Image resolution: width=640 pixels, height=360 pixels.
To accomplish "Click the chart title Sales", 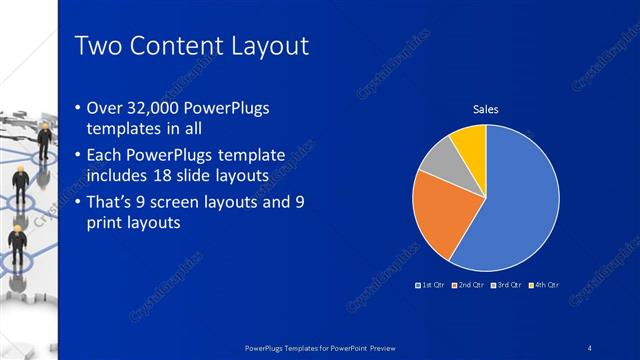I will (x=485, y=110).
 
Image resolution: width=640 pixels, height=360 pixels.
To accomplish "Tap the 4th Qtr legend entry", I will (x=544, y=285).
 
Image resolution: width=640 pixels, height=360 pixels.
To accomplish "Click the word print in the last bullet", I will (x=110, y=225).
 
